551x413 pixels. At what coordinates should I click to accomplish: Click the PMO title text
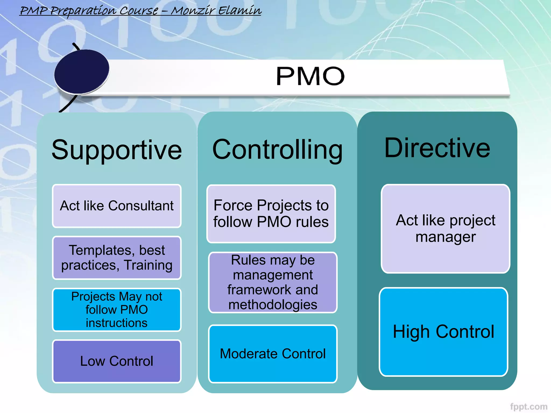[x=310, y=76]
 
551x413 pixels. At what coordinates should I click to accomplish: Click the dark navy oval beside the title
[x=82, y=72]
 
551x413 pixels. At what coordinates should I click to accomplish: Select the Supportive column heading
[x=116, y=150]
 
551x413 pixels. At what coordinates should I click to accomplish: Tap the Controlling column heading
[x=277, y=150]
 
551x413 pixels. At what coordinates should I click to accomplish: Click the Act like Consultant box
[x=116, y=206]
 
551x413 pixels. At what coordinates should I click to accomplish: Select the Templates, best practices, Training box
[x=116, y=258]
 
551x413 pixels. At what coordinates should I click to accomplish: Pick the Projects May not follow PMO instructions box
[x=116, y=309]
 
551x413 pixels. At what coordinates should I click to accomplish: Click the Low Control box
[x=116, y=361]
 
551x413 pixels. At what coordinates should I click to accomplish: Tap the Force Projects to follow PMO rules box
[x=271, y=214]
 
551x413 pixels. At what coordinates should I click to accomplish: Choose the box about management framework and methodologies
[x=273, y=282]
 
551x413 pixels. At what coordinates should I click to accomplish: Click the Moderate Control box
[x=273, y=354]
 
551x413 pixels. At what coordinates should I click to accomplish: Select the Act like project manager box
[x=445, y=229]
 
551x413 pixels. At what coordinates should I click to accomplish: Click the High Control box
[x=443, y=332]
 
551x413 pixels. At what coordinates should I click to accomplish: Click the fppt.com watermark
[x=528, y=406]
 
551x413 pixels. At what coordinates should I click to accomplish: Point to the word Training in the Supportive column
[x=148, y=265]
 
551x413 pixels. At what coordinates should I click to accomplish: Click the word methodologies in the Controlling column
[x=273, y=305]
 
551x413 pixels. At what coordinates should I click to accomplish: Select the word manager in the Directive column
[x=446, y=237]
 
